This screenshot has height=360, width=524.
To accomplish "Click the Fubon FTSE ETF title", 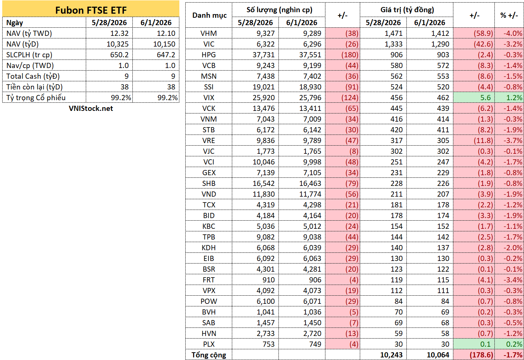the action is coord(91,10).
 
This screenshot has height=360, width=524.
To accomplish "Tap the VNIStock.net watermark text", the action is coord(91,108).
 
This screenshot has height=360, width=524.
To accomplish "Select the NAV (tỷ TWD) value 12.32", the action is coord(119,33).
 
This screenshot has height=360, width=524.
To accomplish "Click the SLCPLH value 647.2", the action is coord(166,55).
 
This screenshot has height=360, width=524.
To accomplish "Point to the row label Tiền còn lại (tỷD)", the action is coord(34,87).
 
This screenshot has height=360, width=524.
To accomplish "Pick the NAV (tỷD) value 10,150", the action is coord(164,44).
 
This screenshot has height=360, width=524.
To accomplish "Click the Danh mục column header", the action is coord(209,16).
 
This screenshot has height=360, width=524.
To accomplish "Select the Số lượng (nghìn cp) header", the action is coord(280,10).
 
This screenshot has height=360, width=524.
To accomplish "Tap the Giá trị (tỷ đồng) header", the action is coord(407,10).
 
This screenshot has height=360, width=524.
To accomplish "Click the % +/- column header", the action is coord(509,16).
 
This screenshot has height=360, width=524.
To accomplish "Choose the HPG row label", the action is coord(209,55).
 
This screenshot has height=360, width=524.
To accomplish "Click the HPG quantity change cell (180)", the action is coord(350,55).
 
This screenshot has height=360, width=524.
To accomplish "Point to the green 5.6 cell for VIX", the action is coord(486,98).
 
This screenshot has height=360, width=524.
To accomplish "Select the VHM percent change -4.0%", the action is coord(513,33).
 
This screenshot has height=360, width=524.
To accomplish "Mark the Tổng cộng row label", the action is coord(209,355).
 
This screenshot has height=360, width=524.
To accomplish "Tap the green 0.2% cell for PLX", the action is coord(514,344).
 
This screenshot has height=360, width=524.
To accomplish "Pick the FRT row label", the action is coord(209,280).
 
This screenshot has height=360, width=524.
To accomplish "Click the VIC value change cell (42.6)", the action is coord(483,44).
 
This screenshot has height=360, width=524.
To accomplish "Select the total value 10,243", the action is coord(391,355).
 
